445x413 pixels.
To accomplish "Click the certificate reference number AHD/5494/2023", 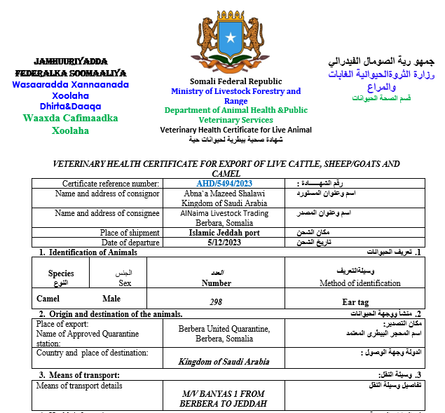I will click(x=224, y=184).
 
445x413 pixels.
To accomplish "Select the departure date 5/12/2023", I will click(x=224, y=243).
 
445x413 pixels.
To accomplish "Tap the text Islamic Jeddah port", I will click(x=224, y=233).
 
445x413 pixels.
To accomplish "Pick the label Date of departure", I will click(x=131, y=243).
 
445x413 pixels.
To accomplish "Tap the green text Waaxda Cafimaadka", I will click(x=71, y=118).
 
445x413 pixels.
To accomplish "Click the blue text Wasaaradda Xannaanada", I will click(x=71, y=84).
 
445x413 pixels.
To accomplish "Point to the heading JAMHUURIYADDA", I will click(x=70, y=61).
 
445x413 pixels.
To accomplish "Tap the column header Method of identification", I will click(x=360, y=283).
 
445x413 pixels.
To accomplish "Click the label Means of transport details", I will click(x=79, y=386).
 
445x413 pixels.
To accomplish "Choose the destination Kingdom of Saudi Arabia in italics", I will click(x=224, y=361).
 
